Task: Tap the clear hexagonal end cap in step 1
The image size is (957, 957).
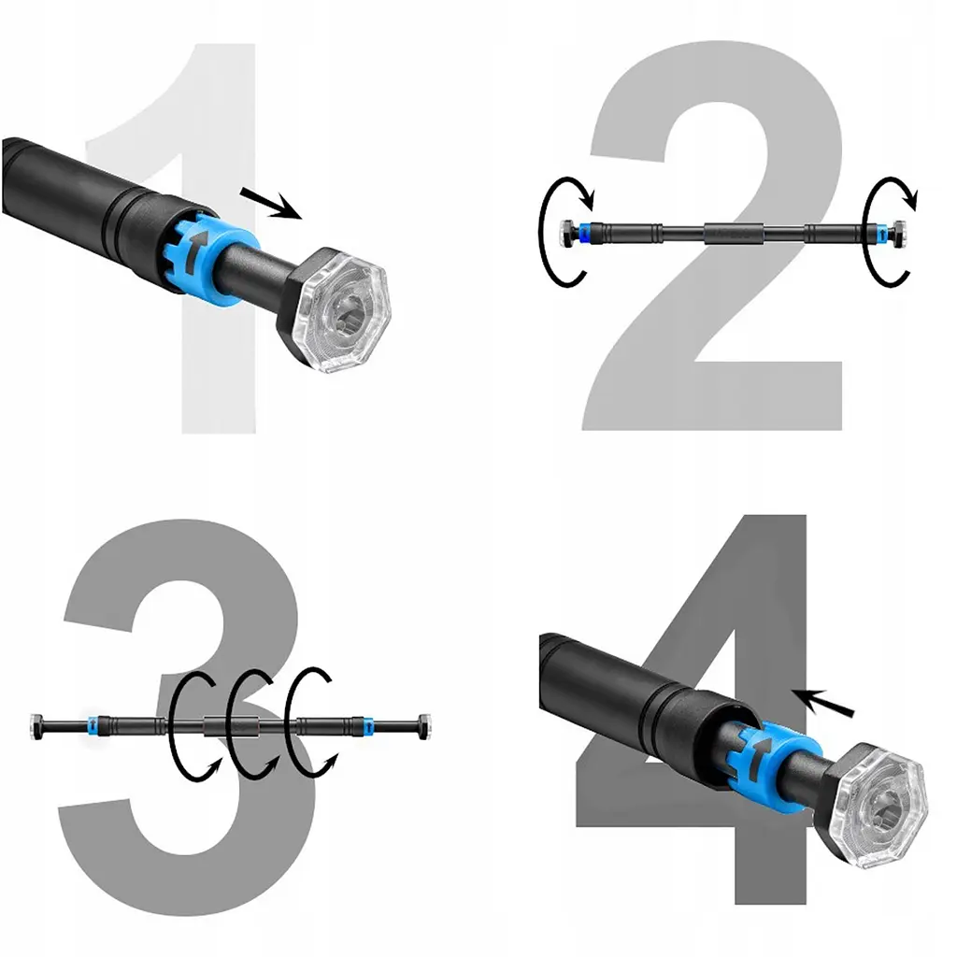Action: click(x=338, y=311)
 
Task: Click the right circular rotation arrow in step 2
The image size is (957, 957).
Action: click(x=866, y=232)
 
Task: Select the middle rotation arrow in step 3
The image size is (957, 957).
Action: click(x=230, y=723)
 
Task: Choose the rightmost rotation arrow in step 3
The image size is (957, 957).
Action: click(x=288, y=723)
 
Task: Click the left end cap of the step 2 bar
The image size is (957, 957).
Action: click(x=566, y=233)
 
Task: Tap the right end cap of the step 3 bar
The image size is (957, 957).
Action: click(x=422, y=725)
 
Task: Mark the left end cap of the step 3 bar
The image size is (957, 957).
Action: click(x=36, y=726)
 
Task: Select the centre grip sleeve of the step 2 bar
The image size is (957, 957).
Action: click(x=735, y=233)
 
